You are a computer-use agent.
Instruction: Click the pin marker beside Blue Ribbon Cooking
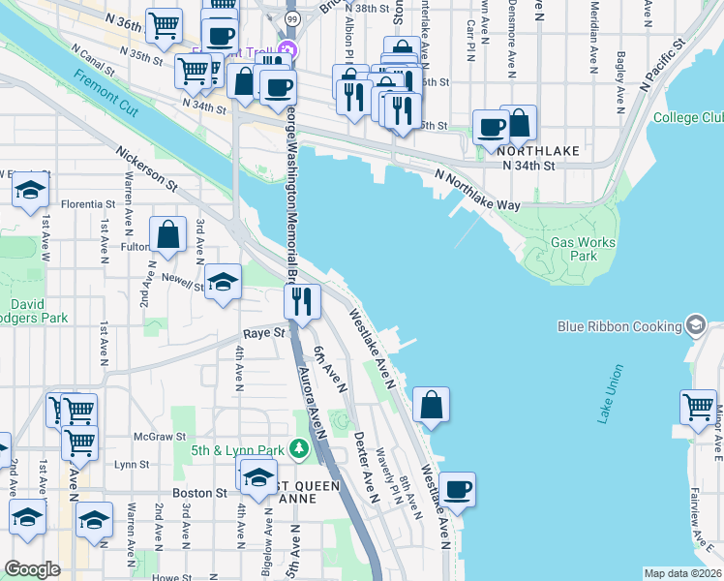tap(695, 325)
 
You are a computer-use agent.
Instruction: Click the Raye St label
tap(264, 332)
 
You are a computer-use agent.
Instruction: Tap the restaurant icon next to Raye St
tap(302, 302)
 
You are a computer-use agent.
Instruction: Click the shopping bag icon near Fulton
tap(168, 234)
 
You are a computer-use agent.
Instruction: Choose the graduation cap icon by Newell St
tap(224, 283)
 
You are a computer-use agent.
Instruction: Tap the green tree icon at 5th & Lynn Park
tap(302, 449)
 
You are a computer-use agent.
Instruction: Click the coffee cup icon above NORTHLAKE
tap(492, 127)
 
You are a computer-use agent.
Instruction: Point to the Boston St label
tap(199, 493)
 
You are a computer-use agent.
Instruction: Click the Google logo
tap(32, 569)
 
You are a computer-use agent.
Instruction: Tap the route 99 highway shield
tap(291, 18)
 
